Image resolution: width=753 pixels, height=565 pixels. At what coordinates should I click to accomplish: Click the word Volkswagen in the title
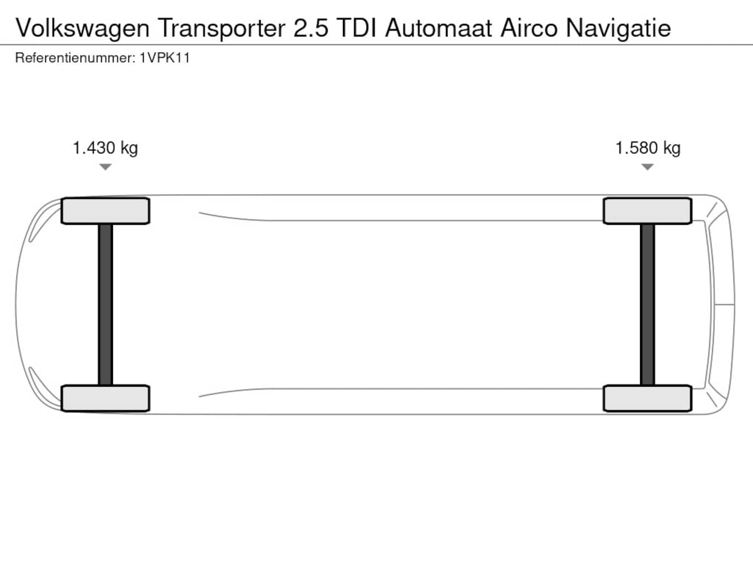[x=83, y=29]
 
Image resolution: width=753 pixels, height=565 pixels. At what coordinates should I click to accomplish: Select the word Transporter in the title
[x=222, y=29]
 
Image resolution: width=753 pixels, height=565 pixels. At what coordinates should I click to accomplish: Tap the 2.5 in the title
[x=311, y=28]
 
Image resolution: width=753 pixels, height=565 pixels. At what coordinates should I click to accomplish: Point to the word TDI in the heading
[x=356, y=28]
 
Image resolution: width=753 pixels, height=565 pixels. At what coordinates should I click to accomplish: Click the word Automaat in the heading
[x=438, y=28]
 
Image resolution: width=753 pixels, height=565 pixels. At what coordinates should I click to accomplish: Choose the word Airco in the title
[x=529, y=28]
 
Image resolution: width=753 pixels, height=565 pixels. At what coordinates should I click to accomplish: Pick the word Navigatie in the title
[x=618, y=29]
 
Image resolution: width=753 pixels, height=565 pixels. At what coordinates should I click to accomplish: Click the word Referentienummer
[x=75, y=58]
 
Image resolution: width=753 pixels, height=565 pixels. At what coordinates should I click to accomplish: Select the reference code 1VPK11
[x=164, y=58]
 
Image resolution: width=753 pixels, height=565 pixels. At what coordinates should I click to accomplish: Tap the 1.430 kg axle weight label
[x=105, y=148]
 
